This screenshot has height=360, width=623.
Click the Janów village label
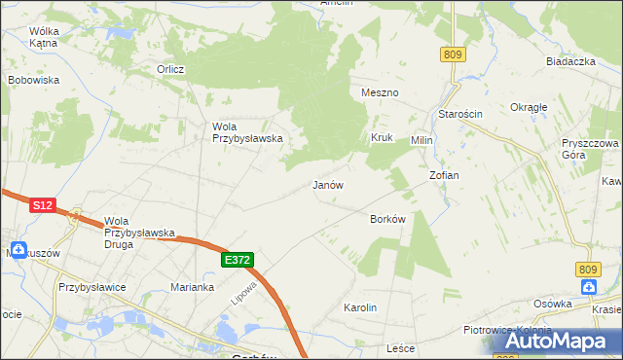[328, 184]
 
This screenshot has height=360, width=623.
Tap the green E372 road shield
[238, 260]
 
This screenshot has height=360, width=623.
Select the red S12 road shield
[42, 205]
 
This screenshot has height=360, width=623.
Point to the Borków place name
[387, 219]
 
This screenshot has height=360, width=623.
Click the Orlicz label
[171, 69]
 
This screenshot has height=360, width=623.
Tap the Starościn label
[459, 114]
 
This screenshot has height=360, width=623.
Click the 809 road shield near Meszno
[452, 55]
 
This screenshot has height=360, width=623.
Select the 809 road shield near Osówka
[586, 269]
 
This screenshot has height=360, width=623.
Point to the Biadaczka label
[570, 61]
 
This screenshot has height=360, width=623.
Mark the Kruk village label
[381, 138]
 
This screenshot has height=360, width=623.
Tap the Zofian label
[444, 175]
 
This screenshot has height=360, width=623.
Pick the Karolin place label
[360, 307]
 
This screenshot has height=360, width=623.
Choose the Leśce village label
[401, 348]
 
